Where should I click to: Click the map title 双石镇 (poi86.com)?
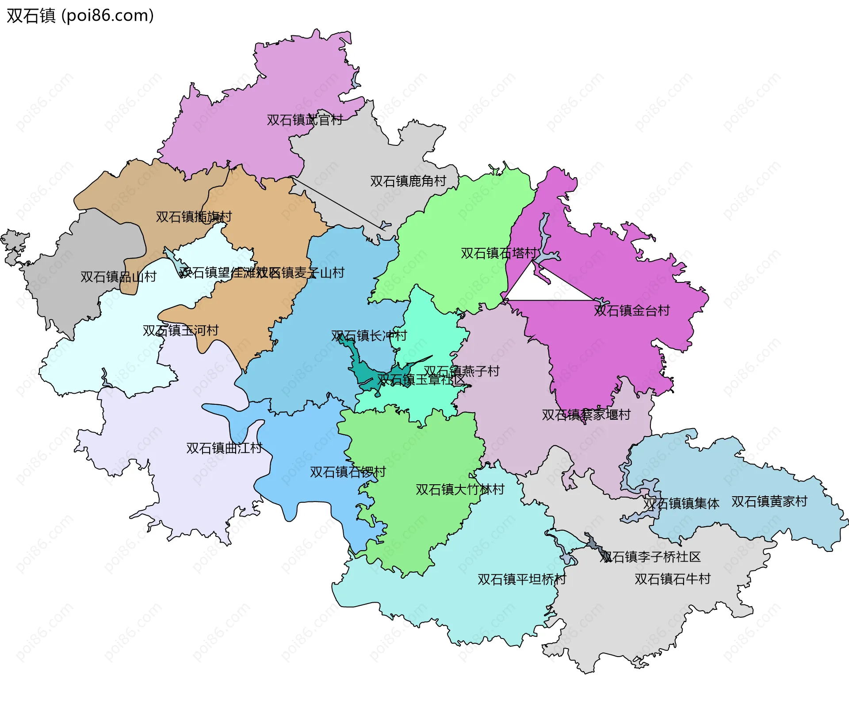[80, 16]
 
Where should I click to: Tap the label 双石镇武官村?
[304, 120]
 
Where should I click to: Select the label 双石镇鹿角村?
[408, 181]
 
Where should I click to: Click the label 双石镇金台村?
[631, 310]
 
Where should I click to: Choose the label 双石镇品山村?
[118, 277]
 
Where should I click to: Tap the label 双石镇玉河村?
[180, 330]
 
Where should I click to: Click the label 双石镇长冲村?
[369, 335]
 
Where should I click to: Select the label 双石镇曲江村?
[224, 448]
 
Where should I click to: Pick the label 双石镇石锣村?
[348, 472]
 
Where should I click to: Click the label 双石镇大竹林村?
[459, 489]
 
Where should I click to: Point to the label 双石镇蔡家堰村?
[586, 414]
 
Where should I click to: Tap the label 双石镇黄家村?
[769, 501]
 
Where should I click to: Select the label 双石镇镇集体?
[681, 503]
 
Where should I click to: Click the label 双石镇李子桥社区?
[650, 557]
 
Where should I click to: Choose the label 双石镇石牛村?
[672, 578]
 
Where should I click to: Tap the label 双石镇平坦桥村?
[521, 579]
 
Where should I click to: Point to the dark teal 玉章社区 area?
[365, 373]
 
